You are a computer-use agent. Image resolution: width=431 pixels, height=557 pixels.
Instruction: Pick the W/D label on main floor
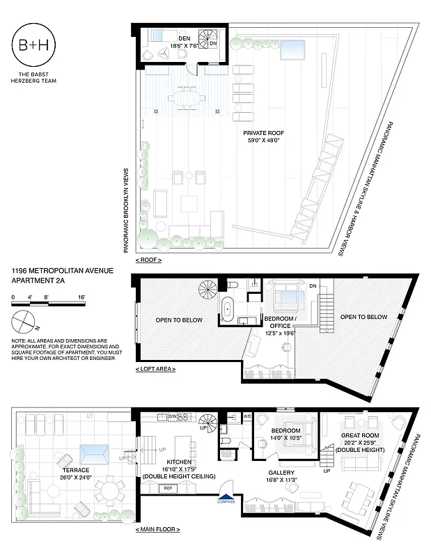(x=247, y=417)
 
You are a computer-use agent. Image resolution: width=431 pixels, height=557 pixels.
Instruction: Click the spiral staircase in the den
(x=210, y=37)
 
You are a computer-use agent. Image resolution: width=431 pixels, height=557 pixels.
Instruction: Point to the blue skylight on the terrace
(x=93, y=455)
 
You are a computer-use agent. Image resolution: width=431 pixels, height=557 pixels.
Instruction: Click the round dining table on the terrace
(x=108, y=489)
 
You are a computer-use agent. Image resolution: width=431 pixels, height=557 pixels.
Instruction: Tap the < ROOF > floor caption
(x=148, y=260)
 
